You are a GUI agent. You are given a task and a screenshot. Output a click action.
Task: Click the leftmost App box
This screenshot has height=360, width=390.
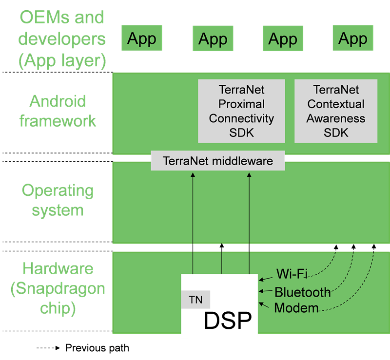coord(142,38)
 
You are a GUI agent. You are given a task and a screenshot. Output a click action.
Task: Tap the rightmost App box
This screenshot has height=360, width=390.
coord(352,38)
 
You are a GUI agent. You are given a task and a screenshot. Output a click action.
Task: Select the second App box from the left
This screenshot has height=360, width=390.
coord(213,38)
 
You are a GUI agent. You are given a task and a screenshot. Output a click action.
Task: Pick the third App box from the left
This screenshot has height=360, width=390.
coord(283,38)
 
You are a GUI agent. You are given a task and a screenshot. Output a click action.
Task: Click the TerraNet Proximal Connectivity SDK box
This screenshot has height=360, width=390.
coord(241,111)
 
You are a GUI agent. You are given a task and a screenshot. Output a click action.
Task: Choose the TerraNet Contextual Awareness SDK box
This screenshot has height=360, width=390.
coord(336,111)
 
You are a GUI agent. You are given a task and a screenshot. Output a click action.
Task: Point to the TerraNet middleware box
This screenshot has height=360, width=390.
coord(217,161)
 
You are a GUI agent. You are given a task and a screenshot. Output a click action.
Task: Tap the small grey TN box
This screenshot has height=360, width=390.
coord(195,300)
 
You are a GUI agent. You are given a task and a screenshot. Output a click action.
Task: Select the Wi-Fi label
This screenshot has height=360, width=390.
coord(292,273)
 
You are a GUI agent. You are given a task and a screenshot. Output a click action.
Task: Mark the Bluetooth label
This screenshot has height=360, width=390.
coord(302,292)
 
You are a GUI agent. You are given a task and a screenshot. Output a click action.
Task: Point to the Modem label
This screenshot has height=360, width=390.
coord(296,308)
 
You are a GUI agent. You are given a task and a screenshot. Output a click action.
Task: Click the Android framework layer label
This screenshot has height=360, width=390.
coord(58,111)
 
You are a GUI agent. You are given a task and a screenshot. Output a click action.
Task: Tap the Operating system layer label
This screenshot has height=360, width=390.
coord(58,200)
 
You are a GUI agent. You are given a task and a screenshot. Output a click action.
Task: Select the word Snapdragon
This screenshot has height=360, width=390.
coord(58,288)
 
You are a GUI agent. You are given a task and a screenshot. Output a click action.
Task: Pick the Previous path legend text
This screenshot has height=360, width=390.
coord(97,348)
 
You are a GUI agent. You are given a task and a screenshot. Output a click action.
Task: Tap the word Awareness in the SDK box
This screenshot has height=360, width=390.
coord(336,118)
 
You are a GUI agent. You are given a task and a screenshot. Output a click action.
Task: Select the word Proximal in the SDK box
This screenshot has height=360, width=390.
coord(241,104)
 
